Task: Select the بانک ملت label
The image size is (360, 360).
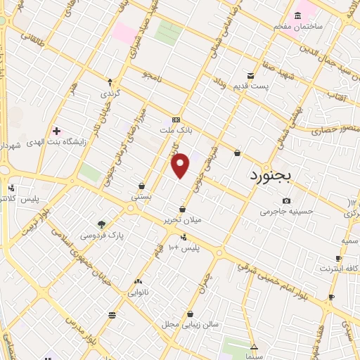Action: pyautogui.click(x=176, y=131)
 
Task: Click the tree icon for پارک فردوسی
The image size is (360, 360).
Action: pyautogui.click(x=102, y=225)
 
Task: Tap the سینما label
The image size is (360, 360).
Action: pyautogui.click(x=254, y=356)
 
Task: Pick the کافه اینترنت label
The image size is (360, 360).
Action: pyautogui.click(x=340, y=268)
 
